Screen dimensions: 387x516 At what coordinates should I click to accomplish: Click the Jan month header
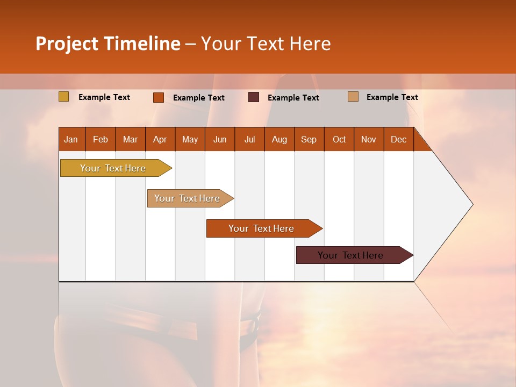pyautogui.click(x=71, y=139)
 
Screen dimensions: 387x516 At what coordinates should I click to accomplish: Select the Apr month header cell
pyautogui.click(x=160, y=139)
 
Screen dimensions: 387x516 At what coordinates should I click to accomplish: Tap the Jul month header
pyautogui.click(x=249, y=139)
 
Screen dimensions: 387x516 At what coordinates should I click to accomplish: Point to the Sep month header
pyautogui.click(x=309, y=139)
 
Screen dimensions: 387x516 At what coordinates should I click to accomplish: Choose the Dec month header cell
pyautogui.click(x=398, y=139)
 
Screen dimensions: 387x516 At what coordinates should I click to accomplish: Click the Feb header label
pyautogui.click(x=101, y=139)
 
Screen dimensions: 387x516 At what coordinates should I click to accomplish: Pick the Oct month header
pyautogui.click(x=339, y=139)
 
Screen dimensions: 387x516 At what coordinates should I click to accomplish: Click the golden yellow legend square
pyautogui.click(x=64, y=97)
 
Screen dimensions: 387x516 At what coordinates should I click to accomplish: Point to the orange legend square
pyautogui.click(x=158, y=97)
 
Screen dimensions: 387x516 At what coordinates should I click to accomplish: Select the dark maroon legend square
pyautogui.click(x=254, y=97)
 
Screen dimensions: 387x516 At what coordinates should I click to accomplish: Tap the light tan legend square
pyautogui.click(x=353, y=97)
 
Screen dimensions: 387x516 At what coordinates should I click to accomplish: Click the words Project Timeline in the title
pyautogui.click(x=107, y=44)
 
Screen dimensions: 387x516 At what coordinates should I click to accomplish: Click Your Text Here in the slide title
pyautogui.click(x=266, y=44)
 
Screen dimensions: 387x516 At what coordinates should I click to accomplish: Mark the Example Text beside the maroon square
pyautogui.click(x=293, y=98)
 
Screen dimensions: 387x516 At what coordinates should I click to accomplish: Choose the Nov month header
pyautogui.click(x=369, y=139)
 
